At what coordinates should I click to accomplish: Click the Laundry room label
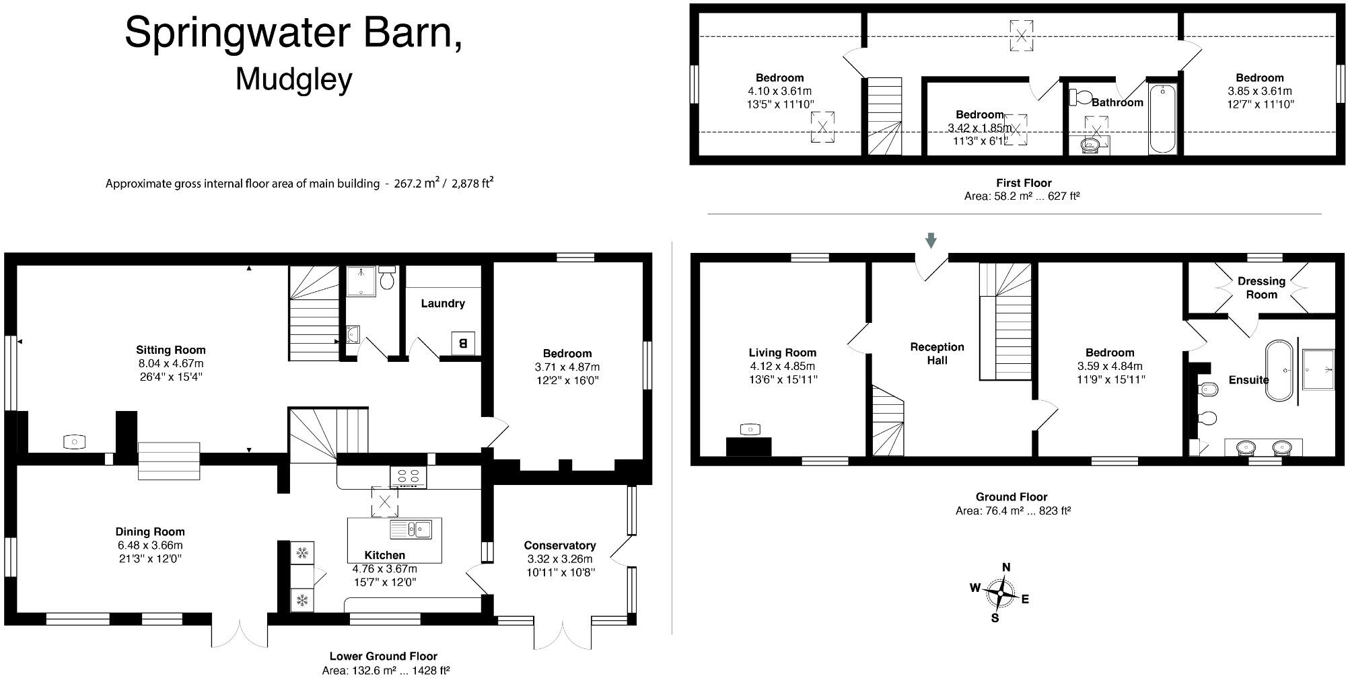[x=442, y=303]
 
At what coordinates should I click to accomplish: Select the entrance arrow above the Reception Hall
[x=931, y=240]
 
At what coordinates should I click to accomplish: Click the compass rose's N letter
[x=1006, y=567]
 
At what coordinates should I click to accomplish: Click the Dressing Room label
[x=1261, y=288]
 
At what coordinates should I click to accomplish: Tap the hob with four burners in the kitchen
[x=409, y=477]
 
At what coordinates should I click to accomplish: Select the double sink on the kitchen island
[x=411, y=529]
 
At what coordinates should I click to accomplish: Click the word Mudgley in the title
[x=293, y=79]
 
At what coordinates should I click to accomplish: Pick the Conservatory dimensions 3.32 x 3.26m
[x=559, y=559]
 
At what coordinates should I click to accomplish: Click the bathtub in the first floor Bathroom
[x=1162, y=118]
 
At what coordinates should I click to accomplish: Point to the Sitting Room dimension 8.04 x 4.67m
[x=170, y=363]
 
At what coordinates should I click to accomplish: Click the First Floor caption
[x=1023, y=183]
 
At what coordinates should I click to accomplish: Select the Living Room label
[x=782, y=352]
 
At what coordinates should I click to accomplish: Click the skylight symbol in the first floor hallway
[x=1021, y=35]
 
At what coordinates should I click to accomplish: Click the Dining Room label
[x=149, y=531]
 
